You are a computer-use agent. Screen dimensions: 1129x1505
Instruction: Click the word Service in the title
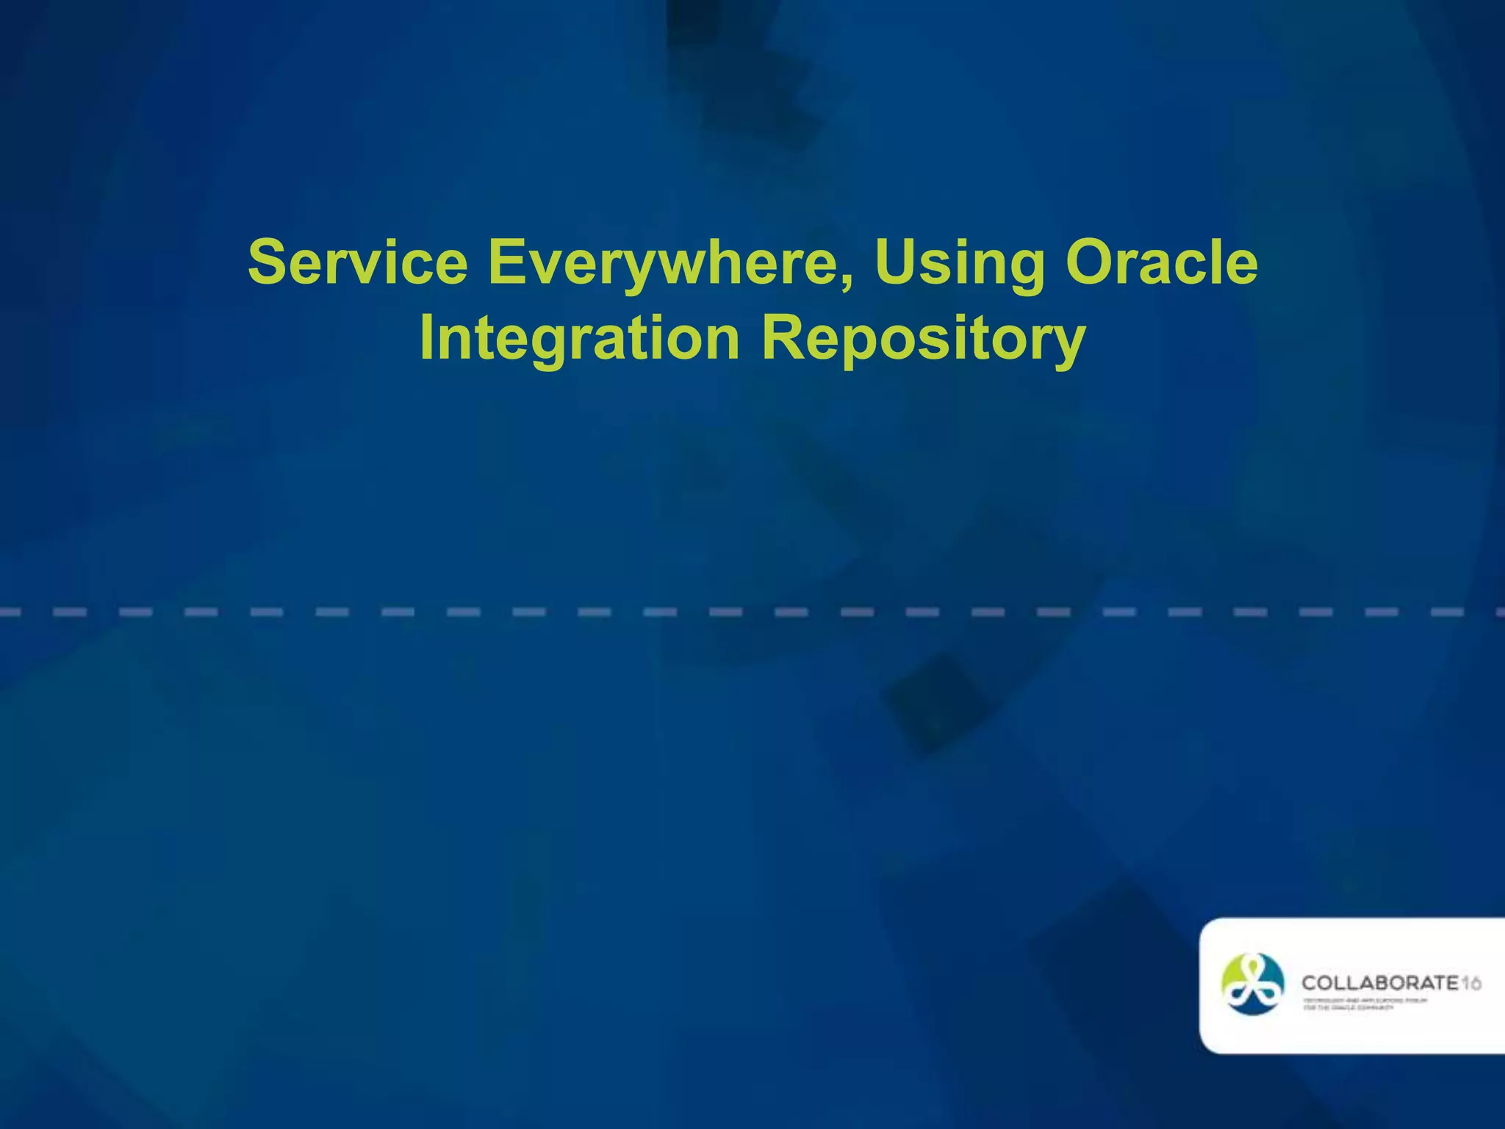pyautogui.click(x=358, y=263)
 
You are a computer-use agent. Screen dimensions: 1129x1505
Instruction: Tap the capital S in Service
pyautogui.click(x=267, y=263)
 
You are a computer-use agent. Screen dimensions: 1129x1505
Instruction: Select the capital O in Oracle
pyautogui.click(x=1090, y=263)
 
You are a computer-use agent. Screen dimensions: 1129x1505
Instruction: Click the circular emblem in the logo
pyautogui.click(x=1252, y=984)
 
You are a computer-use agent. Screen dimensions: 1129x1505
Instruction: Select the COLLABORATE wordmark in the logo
pyautogui.click(x=1379, y=983)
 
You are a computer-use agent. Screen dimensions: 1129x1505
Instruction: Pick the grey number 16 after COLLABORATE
pyautogui.click(x=1470, y=983)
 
